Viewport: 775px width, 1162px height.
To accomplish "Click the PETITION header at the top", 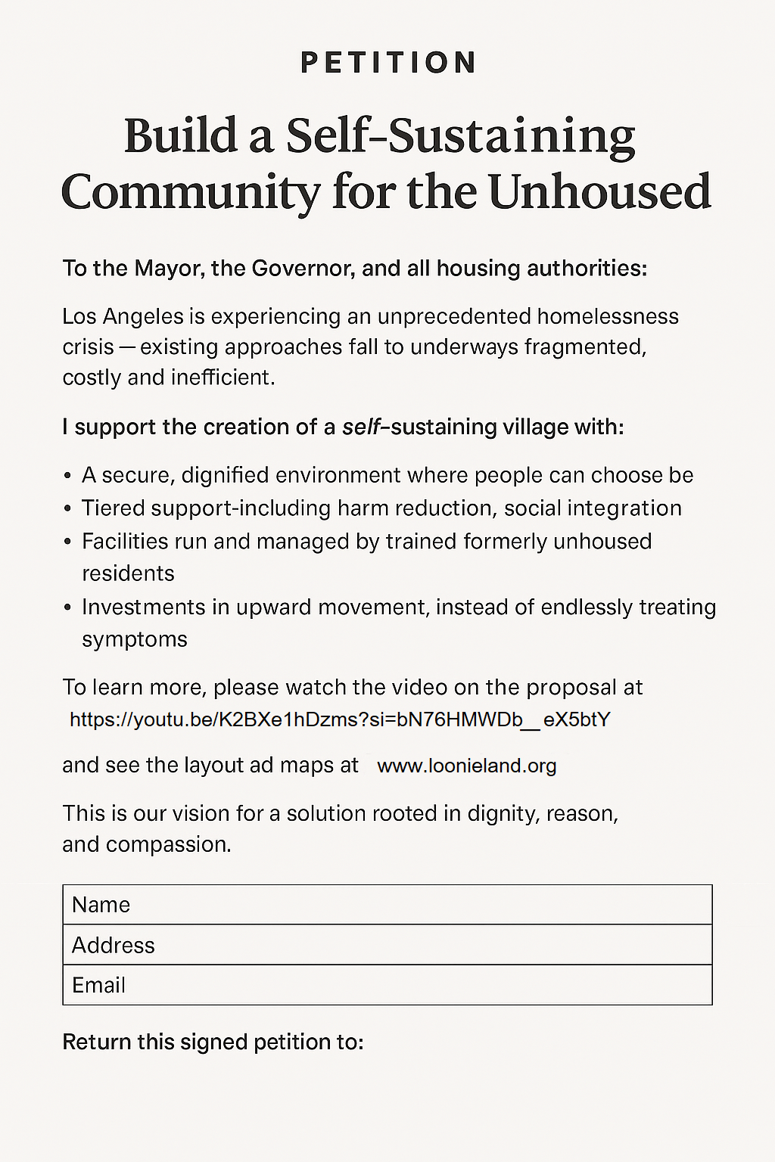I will [387, 63].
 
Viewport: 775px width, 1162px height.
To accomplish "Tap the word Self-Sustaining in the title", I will [460, 136].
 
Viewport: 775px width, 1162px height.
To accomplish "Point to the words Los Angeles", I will [112, 316].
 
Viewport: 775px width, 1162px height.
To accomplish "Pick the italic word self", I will [361, 427].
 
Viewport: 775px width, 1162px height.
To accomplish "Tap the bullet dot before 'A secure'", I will [67, 477].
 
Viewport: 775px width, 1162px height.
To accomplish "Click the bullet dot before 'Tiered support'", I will [67, 509].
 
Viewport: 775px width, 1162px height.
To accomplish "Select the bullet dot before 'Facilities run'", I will [67, 542].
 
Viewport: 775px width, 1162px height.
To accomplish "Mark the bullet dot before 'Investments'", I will [67, 608].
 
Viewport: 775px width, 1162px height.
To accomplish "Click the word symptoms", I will [135, 639].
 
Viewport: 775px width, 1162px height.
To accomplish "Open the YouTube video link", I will [340, 719].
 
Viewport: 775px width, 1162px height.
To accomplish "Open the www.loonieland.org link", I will [466, 766].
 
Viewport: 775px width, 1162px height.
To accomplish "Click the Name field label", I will [101, 905].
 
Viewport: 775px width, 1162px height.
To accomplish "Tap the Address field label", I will [113, 945].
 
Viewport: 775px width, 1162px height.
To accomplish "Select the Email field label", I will [98, 985].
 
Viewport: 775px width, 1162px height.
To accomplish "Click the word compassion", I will [168, 844].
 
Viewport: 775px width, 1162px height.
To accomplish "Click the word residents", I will [128, 573].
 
